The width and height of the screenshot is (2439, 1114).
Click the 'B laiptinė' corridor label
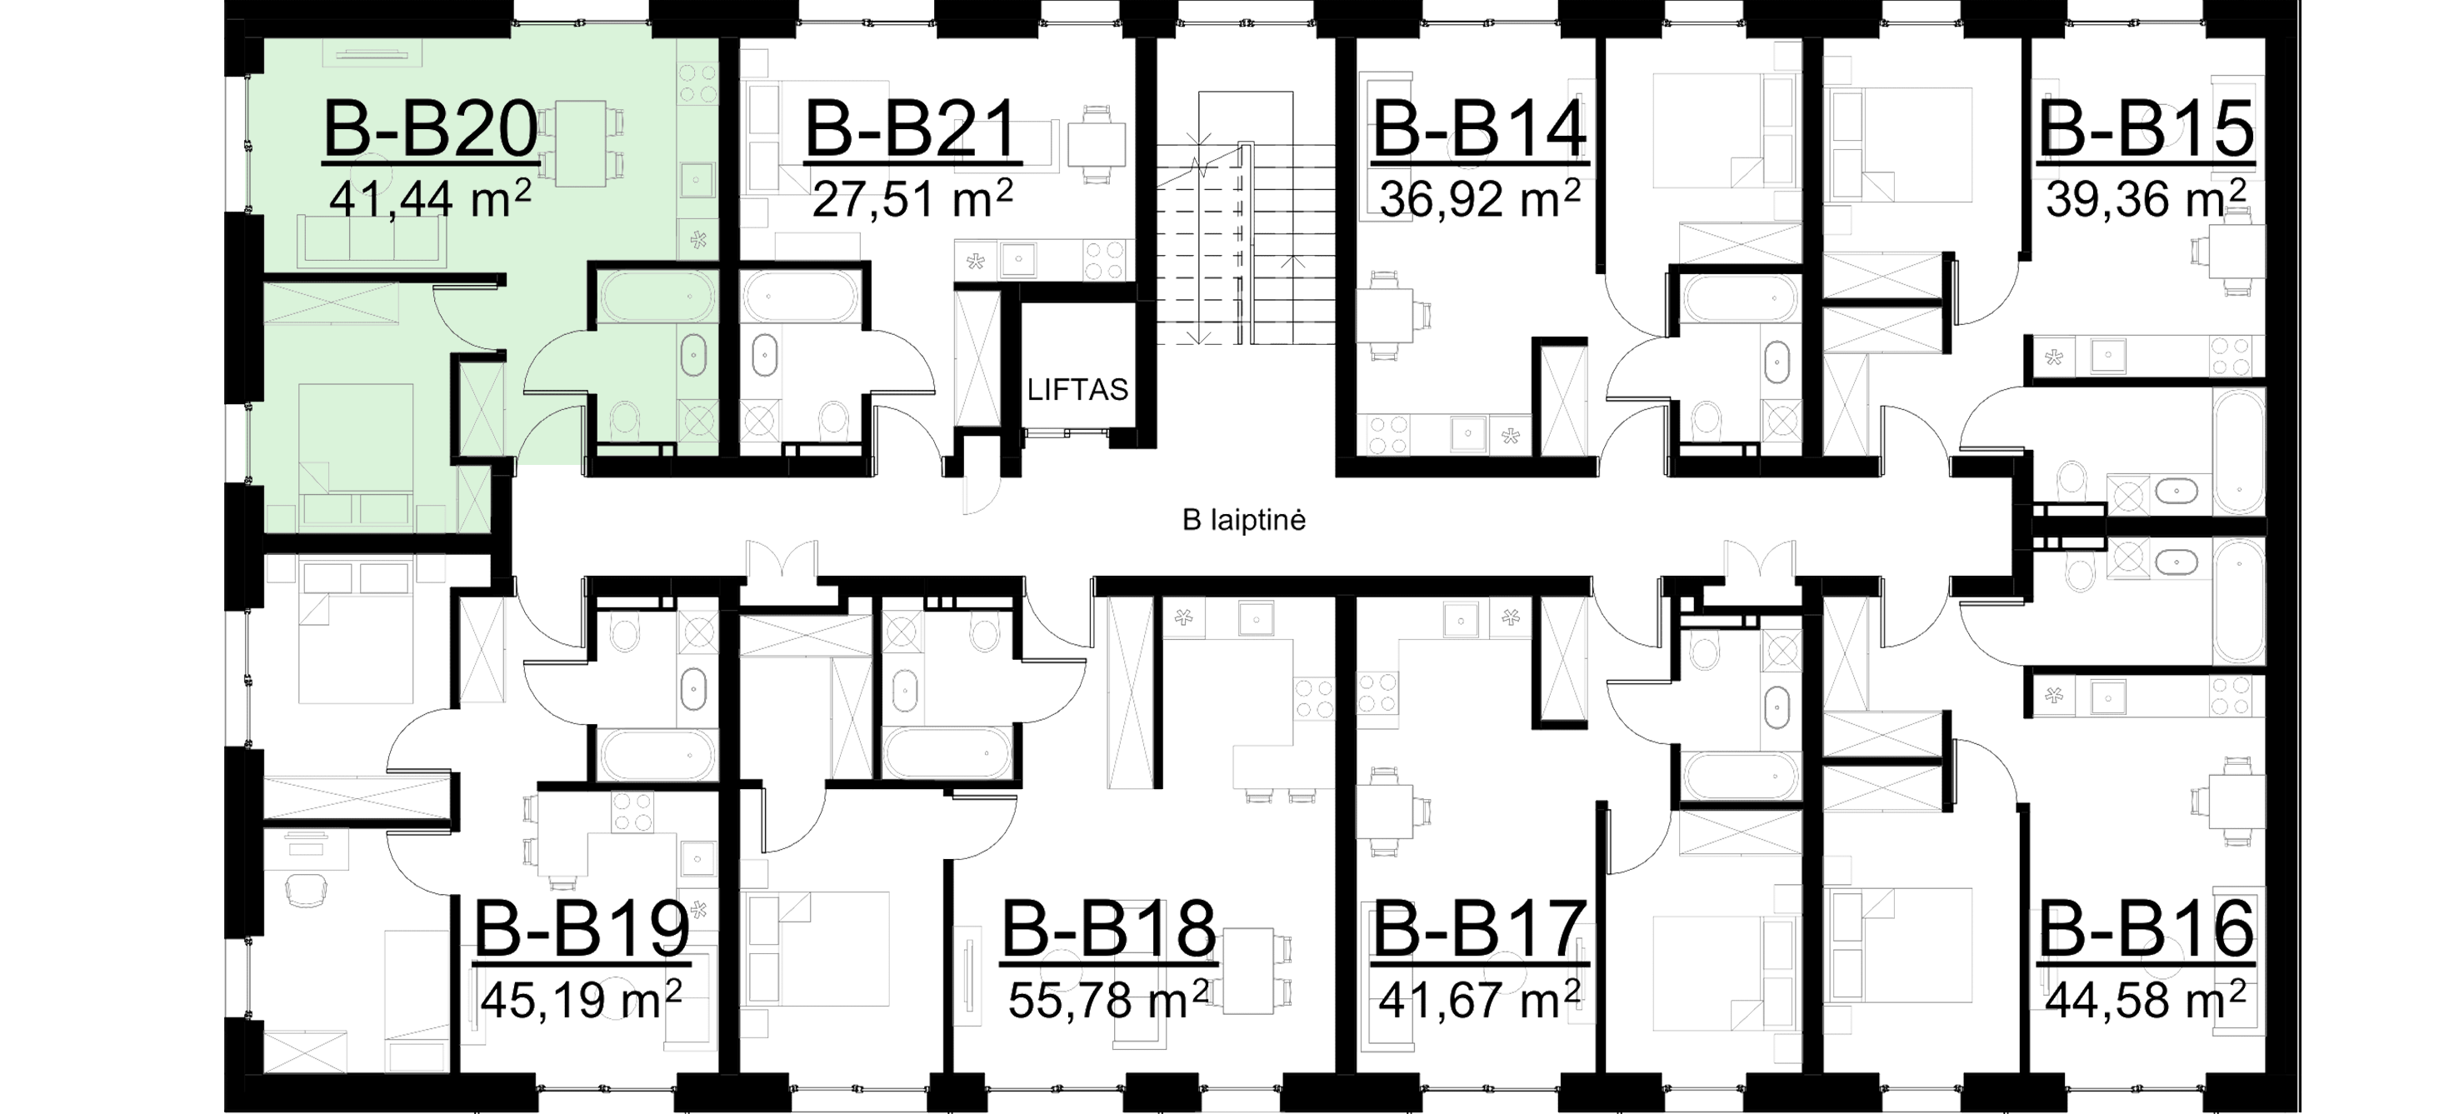[x=1244, y=520]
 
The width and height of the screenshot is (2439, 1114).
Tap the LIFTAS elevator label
[x=1080, y=389]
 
